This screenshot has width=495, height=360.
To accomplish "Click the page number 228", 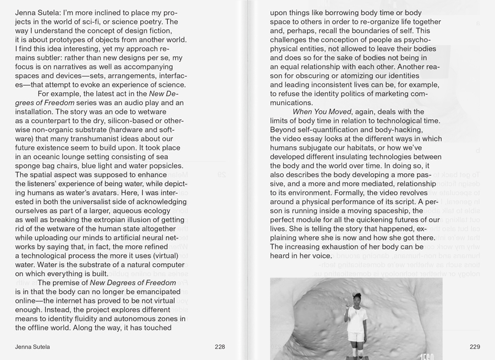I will click(x=219, y=347).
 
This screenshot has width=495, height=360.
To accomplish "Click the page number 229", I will click(x=475, y=347).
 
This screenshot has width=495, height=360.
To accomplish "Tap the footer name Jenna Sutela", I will click(x=32, y=347).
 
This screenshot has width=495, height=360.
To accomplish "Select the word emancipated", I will click(x=151, y=291).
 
